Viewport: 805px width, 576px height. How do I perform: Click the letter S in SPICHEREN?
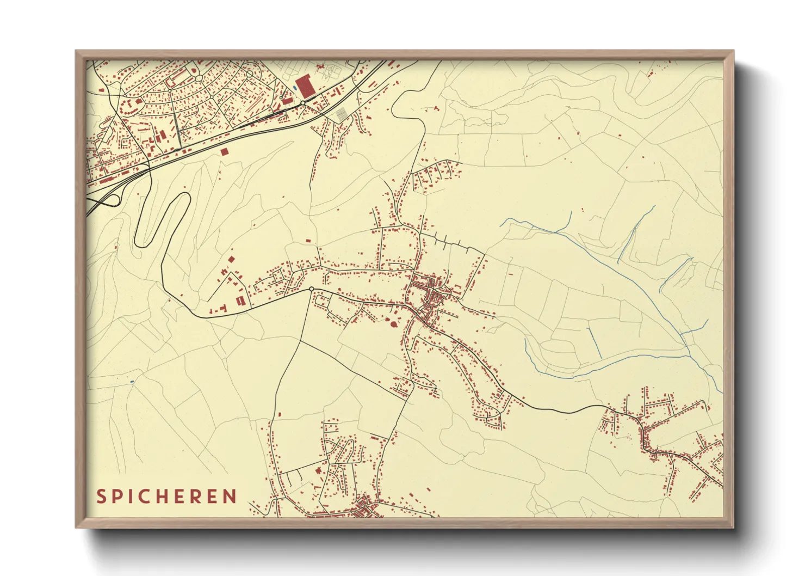point(101,497)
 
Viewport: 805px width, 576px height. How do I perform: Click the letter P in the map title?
point(117,497)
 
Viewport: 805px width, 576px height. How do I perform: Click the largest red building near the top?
point(304,87)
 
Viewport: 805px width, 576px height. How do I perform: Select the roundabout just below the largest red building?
point(302,103)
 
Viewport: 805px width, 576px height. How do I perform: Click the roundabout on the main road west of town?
point(311,289)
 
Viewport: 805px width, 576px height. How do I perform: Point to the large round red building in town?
point(393,324)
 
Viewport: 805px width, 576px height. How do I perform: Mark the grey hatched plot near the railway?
point(341,114)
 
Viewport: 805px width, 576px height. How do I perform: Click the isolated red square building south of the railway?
point(224,151)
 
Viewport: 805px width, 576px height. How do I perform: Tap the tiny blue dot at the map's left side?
point(132,381)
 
